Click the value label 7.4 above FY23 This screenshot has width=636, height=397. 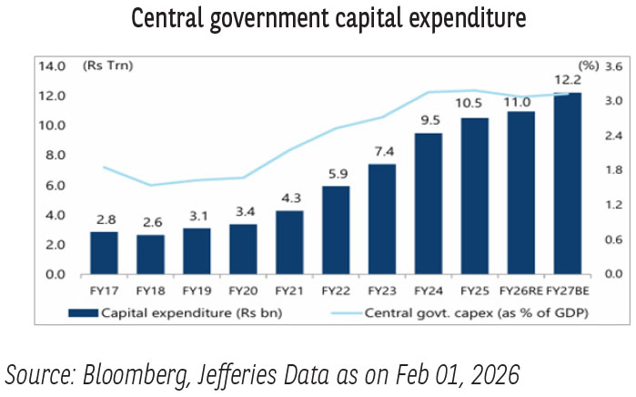click(382, 151)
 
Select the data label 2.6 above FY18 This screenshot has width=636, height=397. click(150, 222)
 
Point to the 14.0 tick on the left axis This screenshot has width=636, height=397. click(52, 66)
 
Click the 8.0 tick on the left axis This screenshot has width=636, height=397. click(54, 156)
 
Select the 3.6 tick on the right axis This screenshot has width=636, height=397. click(612, 66)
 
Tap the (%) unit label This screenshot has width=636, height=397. click(587, 66)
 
